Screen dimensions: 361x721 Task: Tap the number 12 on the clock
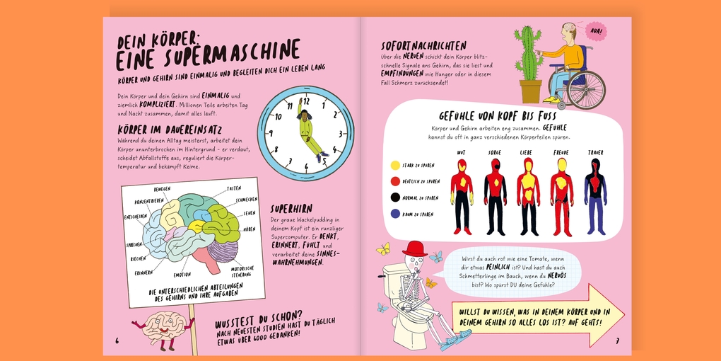tap(306, 101)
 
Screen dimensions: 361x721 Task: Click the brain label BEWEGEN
tap(162, 190)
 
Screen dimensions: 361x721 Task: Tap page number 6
tap(117, 340)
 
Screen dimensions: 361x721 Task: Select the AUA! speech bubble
tap(595, 31)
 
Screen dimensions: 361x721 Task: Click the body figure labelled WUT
tap(462, 195)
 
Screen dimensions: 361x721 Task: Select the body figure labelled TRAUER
tap(595, 195)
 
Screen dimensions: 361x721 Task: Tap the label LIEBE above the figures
tap(527, 152)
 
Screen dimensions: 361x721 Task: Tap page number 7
tap(617, 340)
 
